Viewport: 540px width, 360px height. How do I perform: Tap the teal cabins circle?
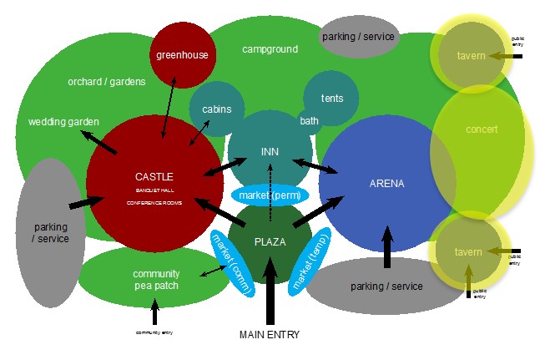[216, 109]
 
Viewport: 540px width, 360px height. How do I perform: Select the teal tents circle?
[331, 99]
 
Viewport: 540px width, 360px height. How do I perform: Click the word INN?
[270, 151]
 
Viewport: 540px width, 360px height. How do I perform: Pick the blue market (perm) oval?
[270, 195]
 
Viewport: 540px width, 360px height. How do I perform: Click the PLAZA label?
[270, 241]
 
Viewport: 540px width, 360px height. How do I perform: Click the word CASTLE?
[154, 176]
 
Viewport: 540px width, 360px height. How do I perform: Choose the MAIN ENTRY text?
[269, 335]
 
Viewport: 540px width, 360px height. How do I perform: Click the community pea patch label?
[155, 280]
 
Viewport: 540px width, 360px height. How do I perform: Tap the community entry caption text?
[154, 332]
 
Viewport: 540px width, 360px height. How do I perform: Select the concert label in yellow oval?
[481, 129]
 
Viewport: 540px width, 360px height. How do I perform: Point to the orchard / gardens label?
[107, 81]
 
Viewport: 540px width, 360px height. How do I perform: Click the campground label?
[270, 49]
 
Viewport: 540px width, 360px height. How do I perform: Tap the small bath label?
[309, 121]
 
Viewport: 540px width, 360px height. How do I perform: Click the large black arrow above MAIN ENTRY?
[270, 292]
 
